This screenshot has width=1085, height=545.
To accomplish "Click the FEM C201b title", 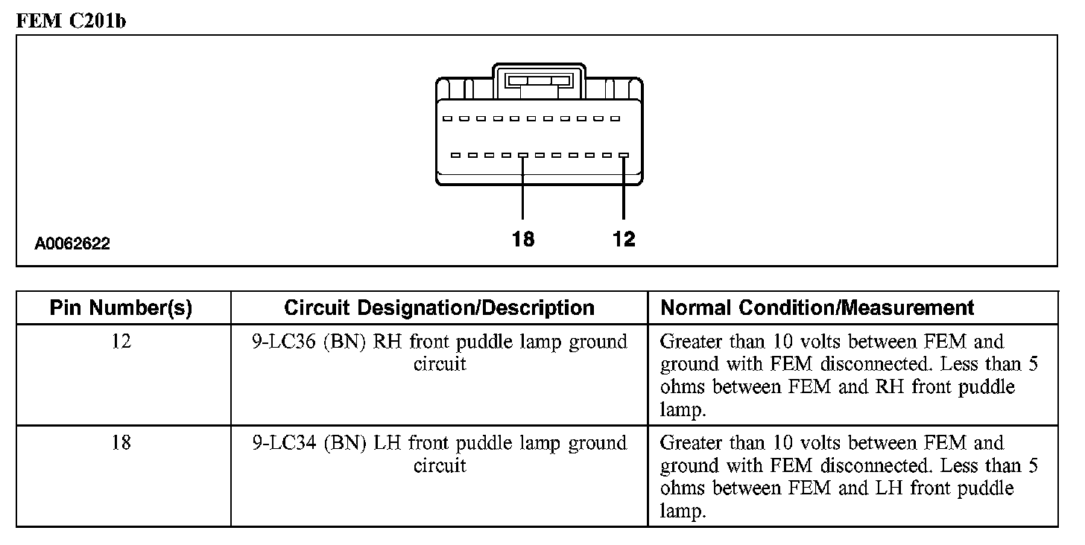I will point(71,21).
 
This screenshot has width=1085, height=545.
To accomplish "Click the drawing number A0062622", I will point(72,243).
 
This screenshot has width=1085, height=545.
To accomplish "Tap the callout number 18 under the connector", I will point(523,239).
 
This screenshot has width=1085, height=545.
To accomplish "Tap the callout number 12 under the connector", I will point(624,239).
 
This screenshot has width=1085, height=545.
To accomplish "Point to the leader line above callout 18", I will point(523,190).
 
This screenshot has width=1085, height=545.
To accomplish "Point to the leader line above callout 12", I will point(624,190).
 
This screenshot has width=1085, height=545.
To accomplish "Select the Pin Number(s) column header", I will point(121,307).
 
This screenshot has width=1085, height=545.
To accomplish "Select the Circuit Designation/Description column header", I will point(440,307).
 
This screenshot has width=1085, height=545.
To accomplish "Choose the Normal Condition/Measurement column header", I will point(817,307).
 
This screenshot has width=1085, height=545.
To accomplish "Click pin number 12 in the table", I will point(121,342).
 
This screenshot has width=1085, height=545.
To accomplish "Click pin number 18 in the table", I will point(121,443).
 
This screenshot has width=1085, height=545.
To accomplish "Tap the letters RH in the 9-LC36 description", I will point(387,342).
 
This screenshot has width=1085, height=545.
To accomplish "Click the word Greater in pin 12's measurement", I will point(692,342).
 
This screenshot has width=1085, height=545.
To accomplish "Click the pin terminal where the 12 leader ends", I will point(624,156).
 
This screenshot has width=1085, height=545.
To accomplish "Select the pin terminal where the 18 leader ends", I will point(523,156).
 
